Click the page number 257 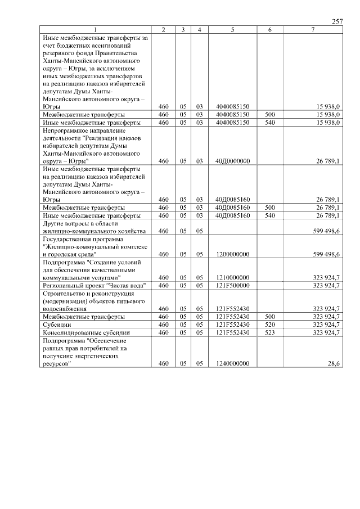[337, 21]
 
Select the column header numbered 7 [312, 29]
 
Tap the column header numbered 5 [232, 29]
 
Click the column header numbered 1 [95, 29]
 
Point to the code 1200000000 [232, 254]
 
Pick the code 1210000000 [232, 277]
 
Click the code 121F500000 [232, 285]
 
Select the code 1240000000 [232, 364]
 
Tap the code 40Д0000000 [232, 161]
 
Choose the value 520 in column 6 [269, 325]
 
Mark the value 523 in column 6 [269, 332]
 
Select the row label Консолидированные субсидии [78, 332]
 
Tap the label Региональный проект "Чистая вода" [93, 285]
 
